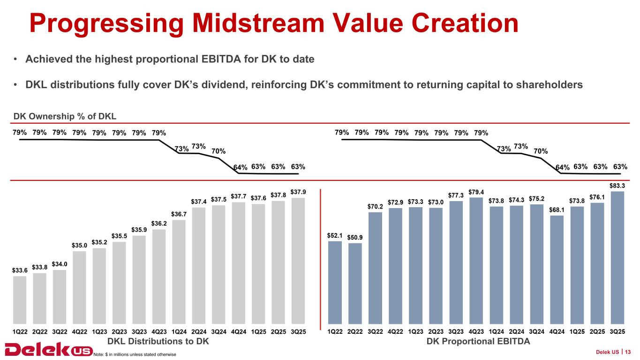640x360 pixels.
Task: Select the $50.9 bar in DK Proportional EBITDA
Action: pos(355,283)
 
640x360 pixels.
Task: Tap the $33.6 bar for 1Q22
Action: pos(20,300)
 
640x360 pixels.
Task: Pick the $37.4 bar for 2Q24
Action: pos(199,265)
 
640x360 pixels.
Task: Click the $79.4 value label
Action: pos(476,191)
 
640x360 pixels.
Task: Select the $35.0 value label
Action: pos(79,245)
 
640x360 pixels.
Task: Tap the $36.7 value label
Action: pos(179,214)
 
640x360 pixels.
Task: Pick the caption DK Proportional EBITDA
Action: pos(478,341)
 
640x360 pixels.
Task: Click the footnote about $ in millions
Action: pos(135,354)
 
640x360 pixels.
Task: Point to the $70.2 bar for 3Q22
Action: pos(375,268)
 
